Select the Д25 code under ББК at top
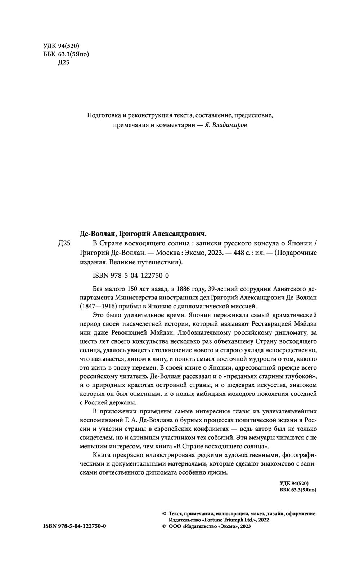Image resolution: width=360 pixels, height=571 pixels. click(x=63, y=63)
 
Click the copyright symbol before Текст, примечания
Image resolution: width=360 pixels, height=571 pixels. click(x=164, y=514)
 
